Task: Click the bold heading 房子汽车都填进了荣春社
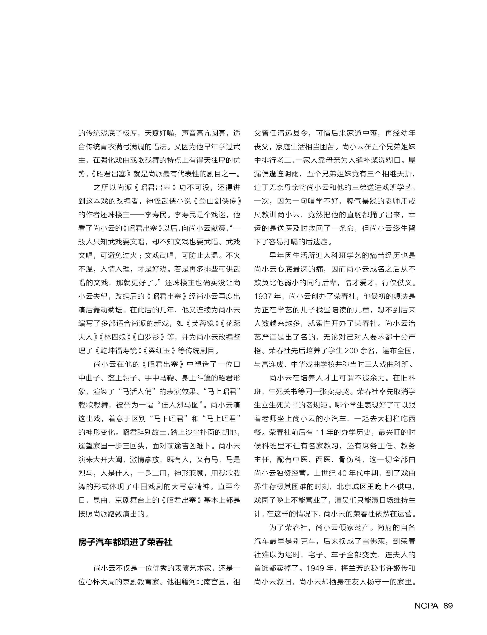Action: pos(125,542)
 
